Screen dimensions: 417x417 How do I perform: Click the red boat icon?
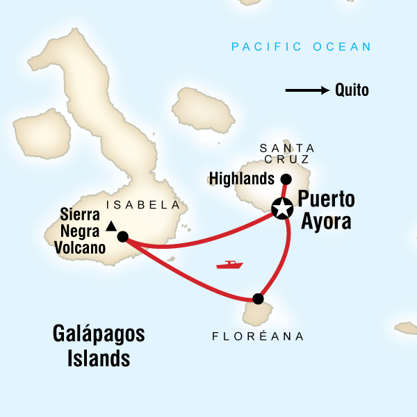coord(229,265)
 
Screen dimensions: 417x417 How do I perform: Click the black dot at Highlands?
coord(285,179)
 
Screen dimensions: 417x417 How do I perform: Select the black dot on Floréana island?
coord(259,299)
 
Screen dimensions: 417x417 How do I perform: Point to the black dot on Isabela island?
coord(122,236)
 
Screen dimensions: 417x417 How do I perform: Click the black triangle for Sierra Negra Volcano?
coord(111,225)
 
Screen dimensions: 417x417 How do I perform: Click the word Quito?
coord(352,90)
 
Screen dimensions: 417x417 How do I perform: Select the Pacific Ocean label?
coord(301,47)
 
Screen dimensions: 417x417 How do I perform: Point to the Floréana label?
coord(259,336)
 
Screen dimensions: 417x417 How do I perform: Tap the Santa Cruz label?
coord(287,154)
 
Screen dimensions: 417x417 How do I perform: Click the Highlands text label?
coord(241,179)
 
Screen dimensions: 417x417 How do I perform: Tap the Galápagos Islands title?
coord(99,345)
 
